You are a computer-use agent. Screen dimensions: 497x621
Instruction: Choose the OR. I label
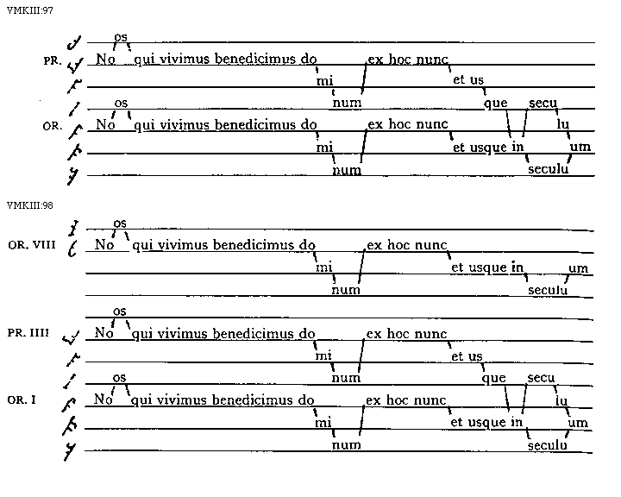point(43,399)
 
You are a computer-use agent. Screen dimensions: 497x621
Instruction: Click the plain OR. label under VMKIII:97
point(52,125)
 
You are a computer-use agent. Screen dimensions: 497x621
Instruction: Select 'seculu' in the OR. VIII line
point(549,289)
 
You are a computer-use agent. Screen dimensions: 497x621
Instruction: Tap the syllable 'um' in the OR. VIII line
point(578,268)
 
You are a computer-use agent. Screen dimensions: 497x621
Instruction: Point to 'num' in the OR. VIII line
point(346,289)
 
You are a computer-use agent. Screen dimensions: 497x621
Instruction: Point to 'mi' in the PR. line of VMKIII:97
point(324,80)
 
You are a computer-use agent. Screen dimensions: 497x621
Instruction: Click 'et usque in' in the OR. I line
point(488,422)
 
